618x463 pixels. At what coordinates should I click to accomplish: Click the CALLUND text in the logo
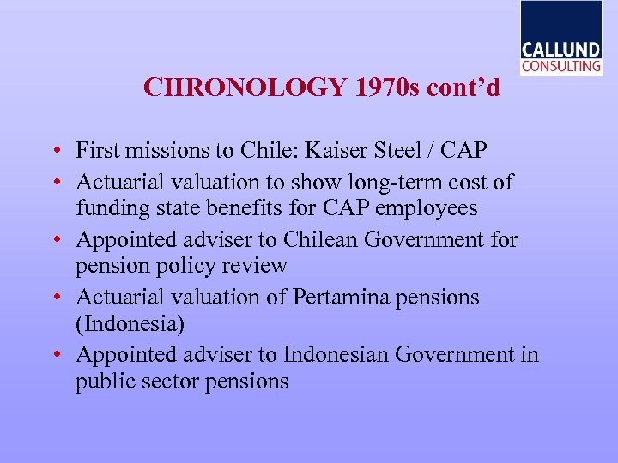pos(561,49)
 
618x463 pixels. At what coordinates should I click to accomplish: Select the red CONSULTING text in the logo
pos(561,65)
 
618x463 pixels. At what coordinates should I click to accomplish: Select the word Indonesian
pos(334,354)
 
